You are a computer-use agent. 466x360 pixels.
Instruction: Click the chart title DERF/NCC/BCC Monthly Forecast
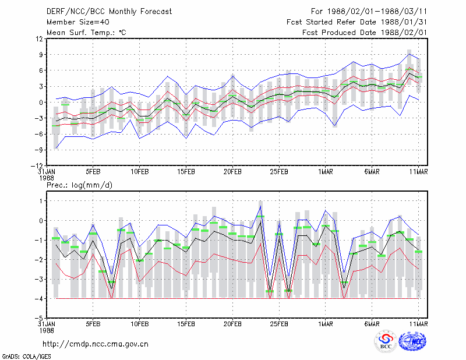click(x=109, y=12)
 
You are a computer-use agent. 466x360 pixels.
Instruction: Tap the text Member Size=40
click(x=78, y=22)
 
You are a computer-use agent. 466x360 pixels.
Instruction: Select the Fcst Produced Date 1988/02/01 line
click(x=365, y=33)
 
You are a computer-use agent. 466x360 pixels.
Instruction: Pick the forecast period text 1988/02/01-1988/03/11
click(x=377, y=12)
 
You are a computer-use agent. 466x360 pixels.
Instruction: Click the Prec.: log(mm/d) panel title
click(x=79, y=185)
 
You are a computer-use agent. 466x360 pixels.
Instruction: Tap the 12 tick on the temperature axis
click(x=40, y=38)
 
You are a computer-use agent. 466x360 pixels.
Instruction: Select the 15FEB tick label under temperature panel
click(x=186, y=172)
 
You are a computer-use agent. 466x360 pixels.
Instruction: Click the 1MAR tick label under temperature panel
click(x=326, y=172)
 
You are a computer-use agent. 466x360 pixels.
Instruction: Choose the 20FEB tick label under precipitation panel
click(x=232, y=324)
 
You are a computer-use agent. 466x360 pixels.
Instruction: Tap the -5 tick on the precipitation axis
click(x=39, y=318)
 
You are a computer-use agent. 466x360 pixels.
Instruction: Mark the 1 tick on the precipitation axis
click(x=41, y=201)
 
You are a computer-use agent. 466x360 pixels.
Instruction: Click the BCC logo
click(x=386, y=342)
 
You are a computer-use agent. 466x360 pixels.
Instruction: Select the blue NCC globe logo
click(x=412, y=341)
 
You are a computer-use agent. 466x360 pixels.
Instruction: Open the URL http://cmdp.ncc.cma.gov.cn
click(x=96, y=344)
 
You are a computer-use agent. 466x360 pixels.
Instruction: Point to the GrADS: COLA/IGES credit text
click(x=26, y=357)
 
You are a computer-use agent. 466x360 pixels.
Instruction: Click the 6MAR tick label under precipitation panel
click(x=372, y=324)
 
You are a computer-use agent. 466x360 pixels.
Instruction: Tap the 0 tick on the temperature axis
click(x=41, y=103)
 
